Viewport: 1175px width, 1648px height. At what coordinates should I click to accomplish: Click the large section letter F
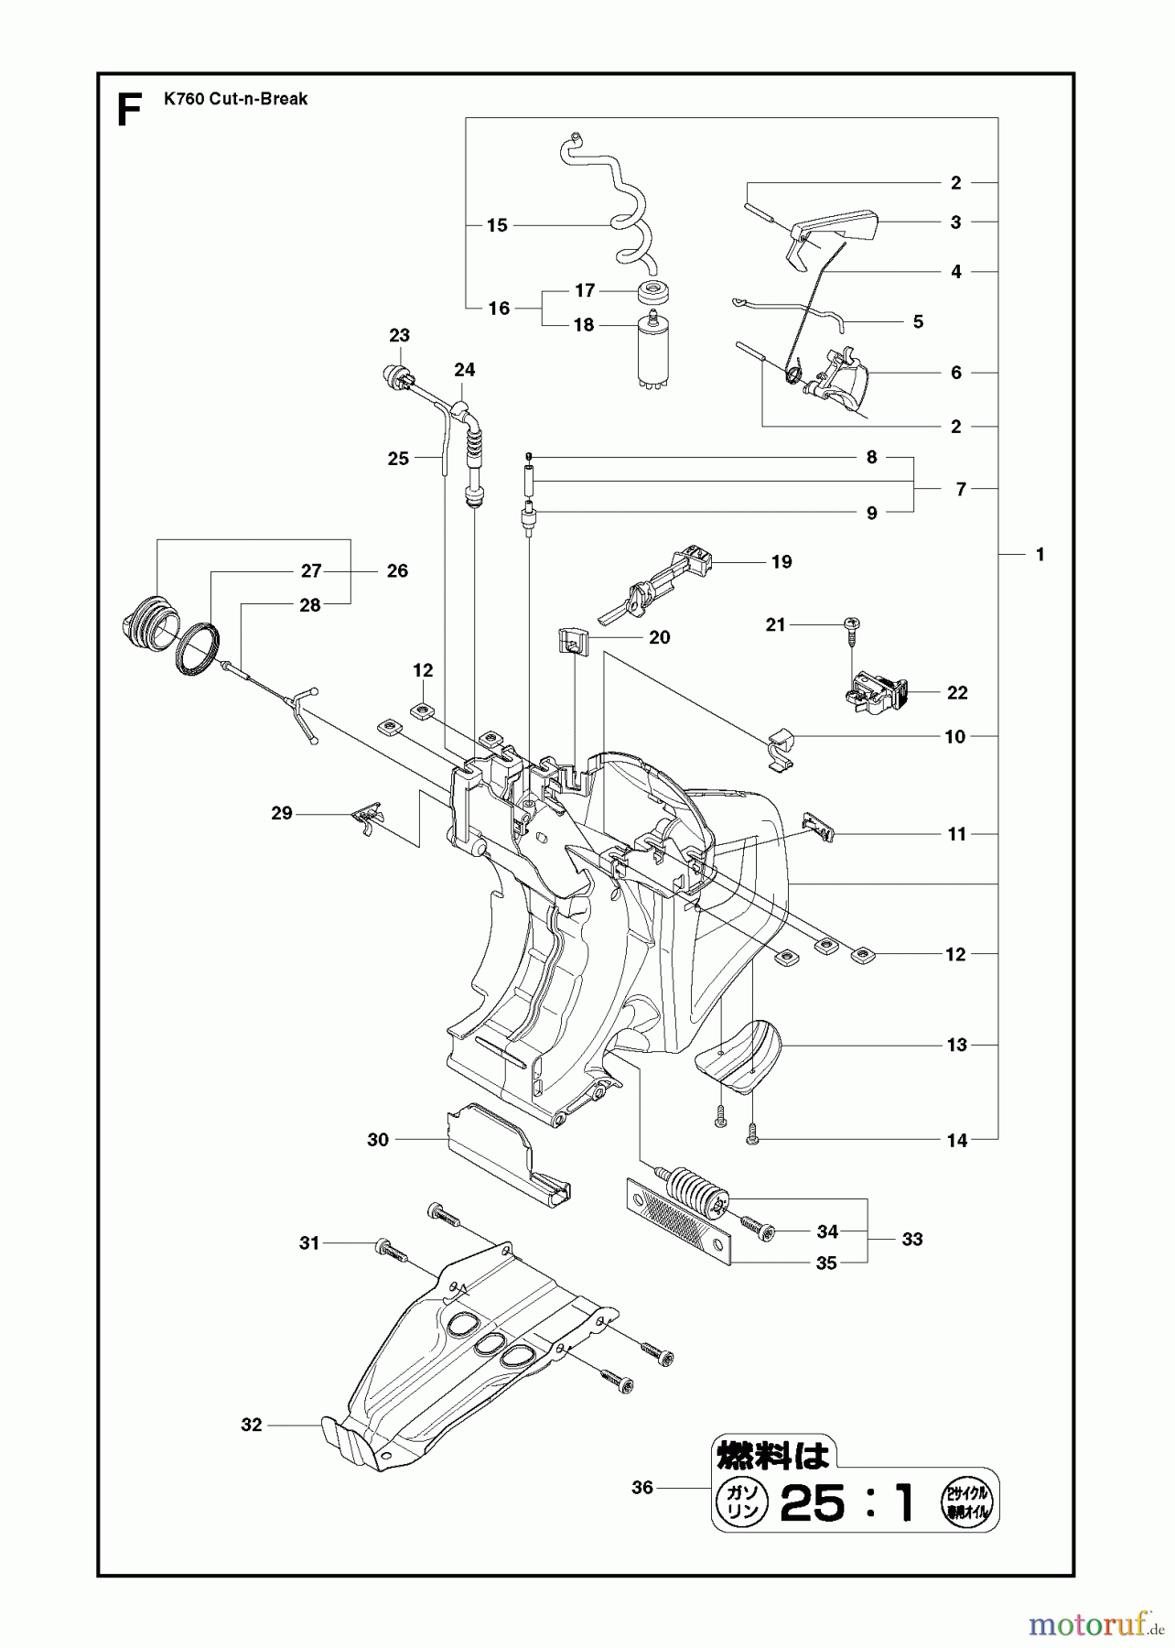[x=130, y=111]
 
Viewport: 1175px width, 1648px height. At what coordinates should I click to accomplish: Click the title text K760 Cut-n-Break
[x=236, y=99]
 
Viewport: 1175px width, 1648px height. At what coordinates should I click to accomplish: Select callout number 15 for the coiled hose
[x=497, y=225]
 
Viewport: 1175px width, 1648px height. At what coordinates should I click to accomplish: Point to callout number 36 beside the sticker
[x=642, y=1488]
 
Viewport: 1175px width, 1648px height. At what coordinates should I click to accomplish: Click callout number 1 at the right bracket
[x=1040, y=554]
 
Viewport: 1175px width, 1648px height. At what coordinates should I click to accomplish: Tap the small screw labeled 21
[x=850, y=624]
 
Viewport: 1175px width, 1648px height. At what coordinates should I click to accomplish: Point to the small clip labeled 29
[x=368, y=814]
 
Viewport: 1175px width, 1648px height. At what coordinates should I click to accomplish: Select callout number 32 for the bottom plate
[x=252, y=1425]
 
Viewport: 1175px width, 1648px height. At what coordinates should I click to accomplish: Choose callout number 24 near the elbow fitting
[x=465, y=370]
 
